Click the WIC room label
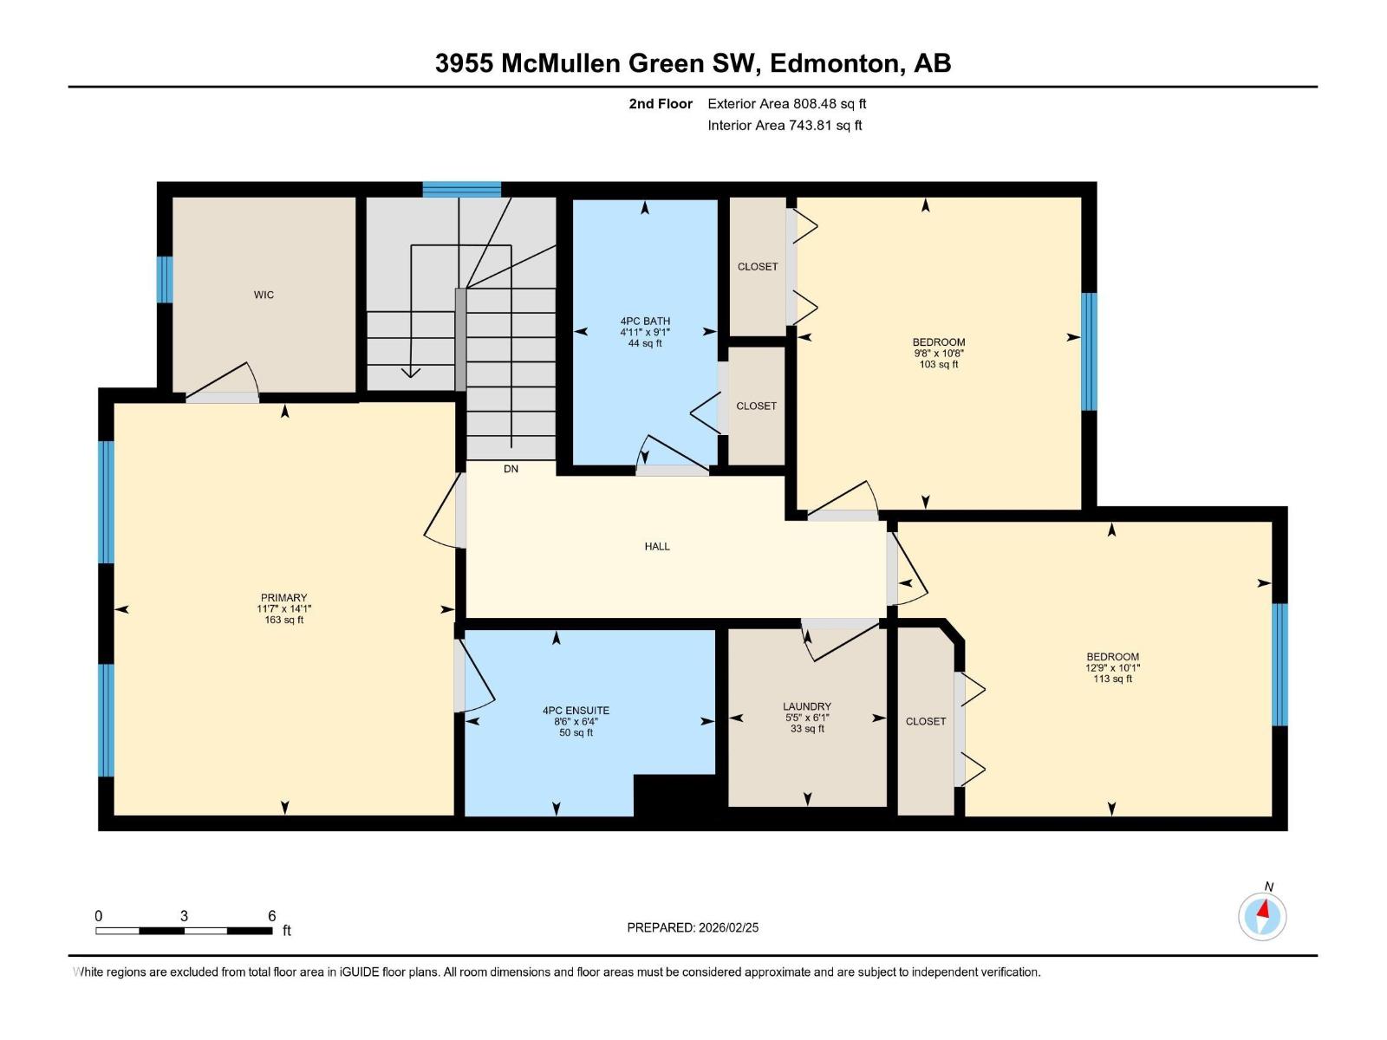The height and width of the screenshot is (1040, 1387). point(264,295)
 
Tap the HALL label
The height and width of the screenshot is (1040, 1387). point(657,546)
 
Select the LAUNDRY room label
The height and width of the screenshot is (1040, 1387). point(807,706)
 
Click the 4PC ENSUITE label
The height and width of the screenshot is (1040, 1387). point(576,711)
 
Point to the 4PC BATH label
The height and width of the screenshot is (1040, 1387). point(645,321)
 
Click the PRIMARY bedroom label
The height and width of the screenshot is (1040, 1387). point(284,597)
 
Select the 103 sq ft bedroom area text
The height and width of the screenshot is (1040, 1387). point(939,365)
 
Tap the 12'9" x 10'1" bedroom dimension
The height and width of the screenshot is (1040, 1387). point(1112,668)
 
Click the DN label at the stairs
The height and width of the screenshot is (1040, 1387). point(511,469)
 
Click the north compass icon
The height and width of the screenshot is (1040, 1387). point(1262,916)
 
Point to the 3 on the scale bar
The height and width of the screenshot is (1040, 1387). point(184,916)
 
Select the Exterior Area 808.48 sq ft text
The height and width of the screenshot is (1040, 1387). point(787,103)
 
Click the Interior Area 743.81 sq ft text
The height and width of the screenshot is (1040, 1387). point(785,125)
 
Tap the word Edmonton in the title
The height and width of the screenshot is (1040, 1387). point(833,63)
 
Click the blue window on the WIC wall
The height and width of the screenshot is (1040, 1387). point(165,279)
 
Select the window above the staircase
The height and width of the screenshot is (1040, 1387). point(461,190)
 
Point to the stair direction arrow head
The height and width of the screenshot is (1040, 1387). point(410,373)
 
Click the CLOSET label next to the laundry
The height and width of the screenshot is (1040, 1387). point(926,721)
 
